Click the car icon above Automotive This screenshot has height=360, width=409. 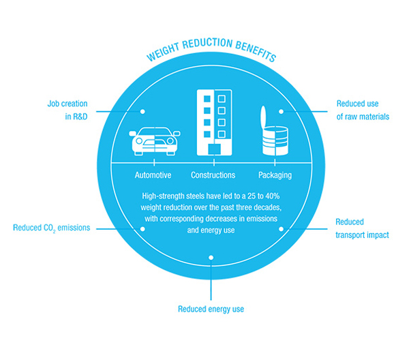pos(155,141)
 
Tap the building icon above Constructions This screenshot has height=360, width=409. pos(214,122)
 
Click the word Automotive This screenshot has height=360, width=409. pos(153,175)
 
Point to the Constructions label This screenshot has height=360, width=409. pos(213,175)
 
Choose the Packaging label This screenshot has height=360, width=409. pos(275,175)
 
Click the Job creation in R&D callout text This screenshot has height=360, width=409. pos(67,110)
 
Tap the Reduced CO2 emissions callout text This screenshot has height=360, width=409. pos(51,228)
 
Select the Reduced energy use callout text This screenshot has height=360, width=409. pos(211,309)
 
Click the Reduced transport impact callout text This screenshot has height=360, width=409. pos(362,228)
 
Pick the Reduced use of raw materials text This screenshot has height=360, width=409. pos(363,110)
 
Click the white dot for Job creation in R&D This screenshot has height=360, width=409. pos(142,112)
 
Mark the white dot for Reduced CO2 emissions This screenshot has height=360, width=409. pos(142,229)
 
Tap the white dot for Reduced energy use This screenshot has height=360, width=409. pos(211,258)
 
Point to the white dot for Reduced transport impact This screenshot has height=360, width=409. pos(281,229)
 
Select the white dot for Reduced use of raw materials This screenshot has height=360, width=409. pos(281,112)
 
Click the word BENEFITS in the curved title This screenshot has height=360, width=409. pos(256,50)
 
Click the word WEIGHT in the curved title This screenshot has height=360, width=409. pos(164,52)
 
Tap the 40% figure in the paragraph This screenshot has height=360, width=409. pos(273,196)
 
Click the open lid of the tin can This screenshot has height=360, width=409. pos(263,117)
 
